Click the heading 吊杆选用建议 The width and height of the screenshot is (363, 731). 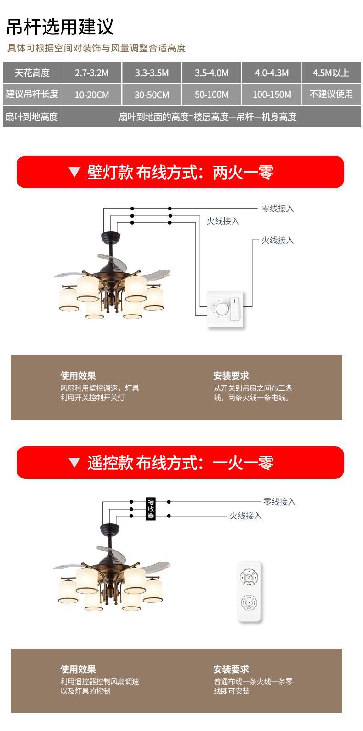tap(60, 27)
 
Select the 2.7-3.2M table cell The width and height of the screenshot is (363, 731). tap(92, 73)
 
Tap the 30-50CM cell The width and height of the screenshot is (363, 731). tap(152, 95)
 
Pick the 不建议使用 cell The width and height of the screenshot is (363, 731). tap(331, 95)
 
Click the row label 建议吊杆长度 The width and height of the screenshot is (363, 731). tap(32, 95)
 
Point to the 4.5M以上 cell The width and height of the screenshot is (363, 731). tap(331, 73)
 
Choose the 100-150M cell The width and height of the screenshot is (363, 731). tap(272, 95)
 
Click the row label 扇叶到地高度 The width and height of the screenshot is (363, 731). tap(32, 117)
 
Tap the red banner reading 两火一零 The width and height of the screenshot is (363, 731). tap(180, 172)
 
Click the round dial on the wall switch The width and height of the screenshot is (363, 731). tap(220, 309)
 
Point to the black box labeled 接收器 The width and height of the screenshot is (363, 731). tap(151, 509)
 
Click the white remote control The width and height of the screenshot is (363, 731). tap(250, 591)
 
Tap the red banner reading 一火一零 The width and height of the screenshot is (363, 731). tap(180, 463)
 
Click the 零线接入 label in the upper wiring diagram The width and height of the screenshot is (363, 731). tap(278, 208)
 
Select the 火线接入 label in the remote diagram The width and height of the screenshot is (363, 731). tap(245, 516)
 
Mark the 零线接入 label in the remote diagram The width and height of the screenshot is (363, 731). tap(279, 502)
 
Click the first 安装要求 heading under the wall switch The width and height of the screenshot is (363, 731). tap(231, 376)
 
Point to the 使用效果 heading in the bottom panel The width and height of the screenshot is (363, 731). tap(78, 669)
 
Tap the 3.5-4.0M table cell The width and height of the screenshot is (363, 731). tap(211, 73)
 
